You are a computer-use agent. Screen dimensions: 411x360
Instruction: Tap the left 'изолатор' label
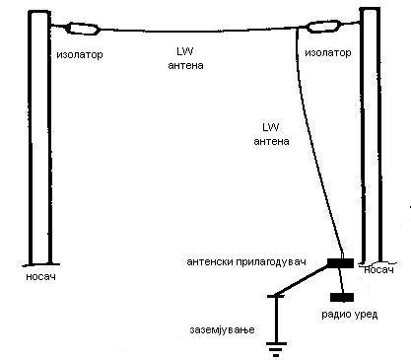click(x=80, y=54)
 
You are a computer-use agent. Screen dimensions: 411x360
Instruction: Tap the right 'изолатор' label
click(x=328, y=52)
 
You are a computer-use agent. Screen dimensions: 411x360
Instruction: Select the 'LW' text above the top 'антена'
click(x=185, y=51)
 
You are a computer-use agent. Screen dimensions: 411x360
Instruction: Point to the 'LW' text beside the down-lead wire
click(x=271, y=127)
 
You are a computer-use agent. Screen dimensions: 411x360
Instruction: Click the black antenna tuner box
click(x=340, y=263)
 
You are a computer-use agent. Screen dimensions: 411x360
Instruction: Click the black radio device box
click(x=342, y=297)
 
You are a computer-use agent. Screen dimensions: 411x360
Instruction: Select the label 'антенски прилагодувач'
click(x=246, y=262)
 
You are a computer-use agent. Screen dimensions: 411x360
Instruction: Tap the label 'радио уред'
click(x=350, y=315)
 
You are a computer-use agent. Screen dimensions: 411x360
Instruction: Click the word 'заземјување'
click(x=222, y=329)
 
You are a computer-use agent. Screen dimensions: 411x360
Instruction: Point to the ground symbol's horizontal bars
click(x=276, y=349)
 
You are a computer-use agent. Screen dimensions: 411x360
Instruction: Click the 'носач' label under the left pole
click(x=40, y=277)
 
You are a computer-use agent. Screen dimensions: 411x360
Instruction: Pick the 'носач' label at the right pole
click(x=378, y=270)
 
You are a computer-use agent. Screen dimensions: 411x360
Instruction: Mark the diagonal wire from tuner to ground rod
click(x=302, y=280)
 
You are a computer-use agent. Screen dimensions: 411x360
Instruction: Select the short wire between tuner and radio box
click(x=342, y=280)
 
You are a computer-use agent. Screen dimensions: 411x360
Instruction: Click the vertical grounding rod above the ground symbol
click(x=276, y=320)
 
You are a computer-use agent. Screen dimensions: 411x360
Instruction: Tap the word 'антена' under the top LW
click(x=185, y=65)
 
